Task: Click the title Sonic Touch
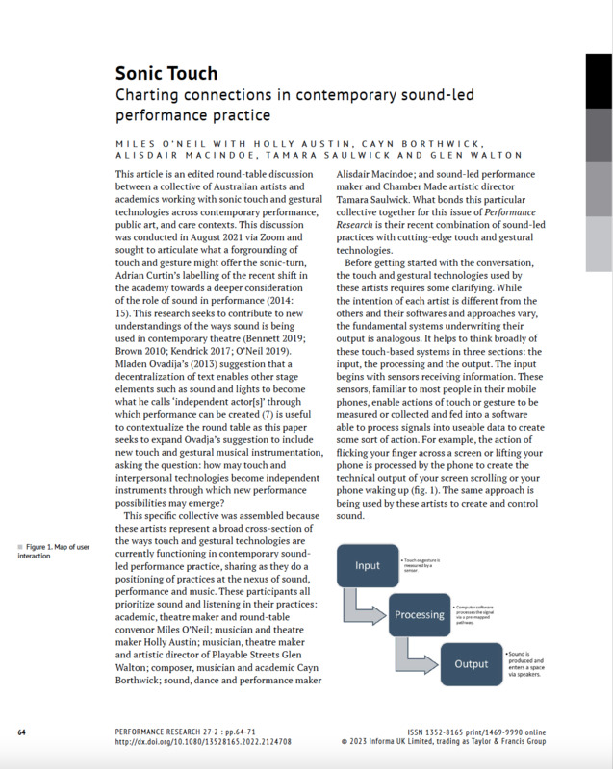pyautogui.click(x=166, y=73)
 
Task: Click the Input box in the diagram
pyautogui.click(x=367, y=565)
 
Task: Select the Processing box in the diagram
pyautogui.click(x=418, y=614)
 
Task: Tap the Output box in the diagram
pyautogui.click(x=471, y=663)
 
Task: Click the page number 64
pyautogui.click(x=21, y=732)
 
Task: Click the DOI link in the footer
pyautogui.click(x=202, y=742)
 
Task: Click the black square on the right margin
pyautogui.click(x=598, y=80)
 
